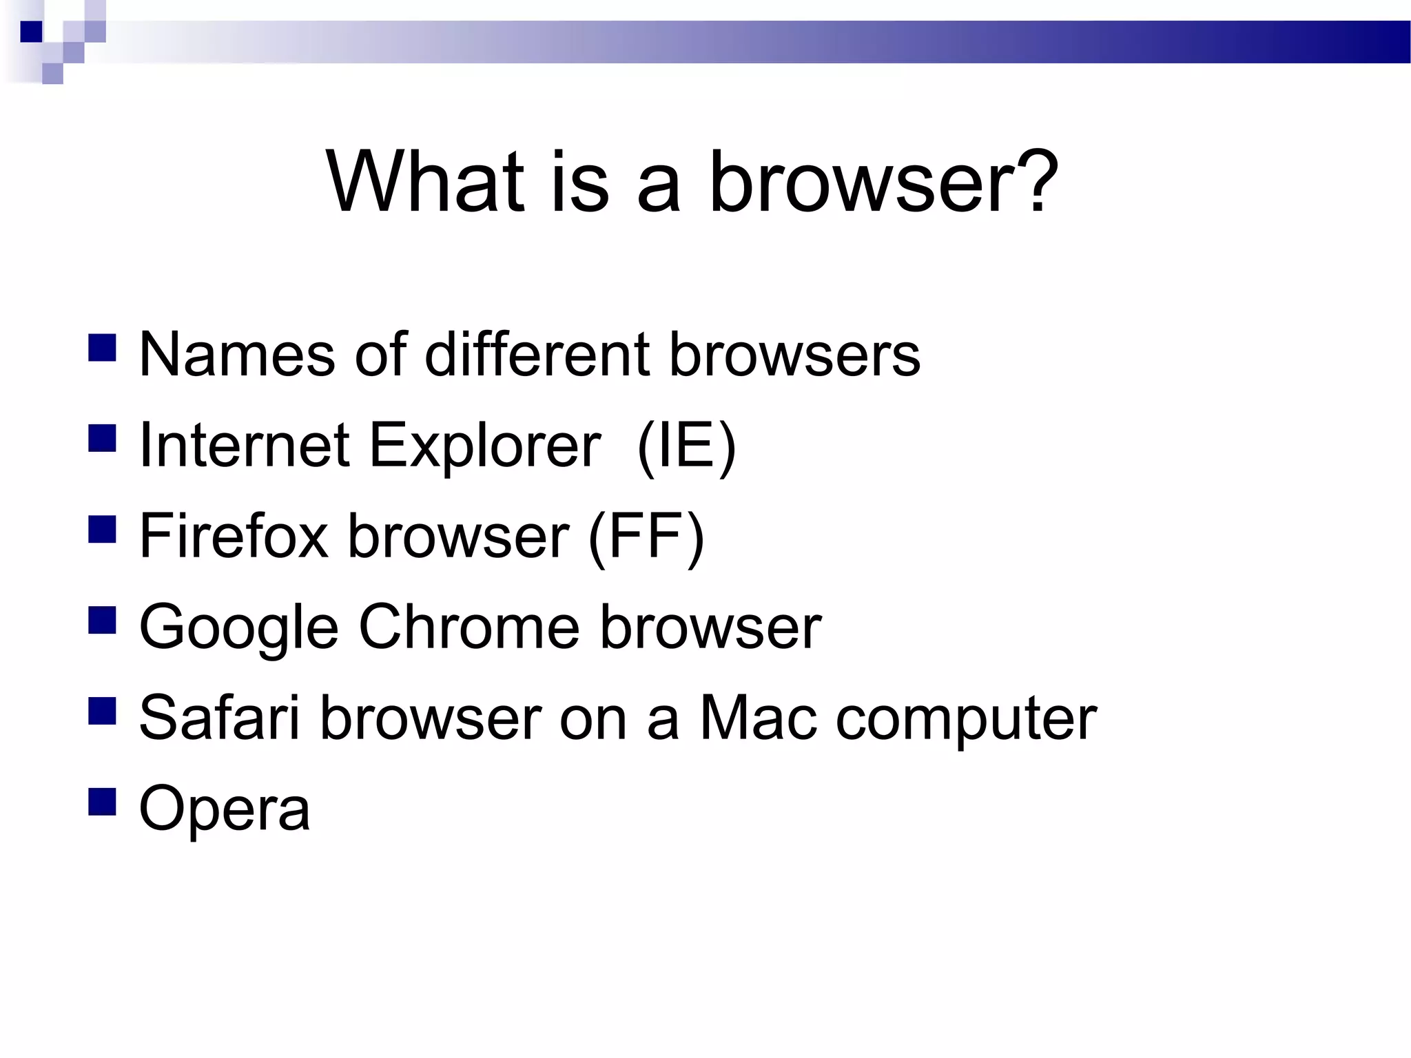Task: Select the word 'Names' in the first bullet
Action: [x=237, y=355]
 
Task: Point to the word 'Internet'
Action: [x=245, y=446]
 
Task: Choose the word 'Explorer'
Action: [x=485, y=446]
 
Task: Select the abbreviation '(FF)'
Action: [x=646, y=536]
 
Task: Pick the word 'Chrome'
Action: [x=469, y=627]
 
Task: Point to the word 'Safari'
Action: [x=220, y=718]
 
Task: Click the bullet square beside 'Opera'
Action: [x=102, y=802]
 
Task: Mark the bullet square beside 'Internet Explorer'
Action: [x=102, y=438]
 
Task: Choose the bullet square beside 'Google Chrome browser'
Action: [x=102, y=620]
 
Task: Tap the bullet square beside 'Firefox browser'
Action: [x=102, y=529]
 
